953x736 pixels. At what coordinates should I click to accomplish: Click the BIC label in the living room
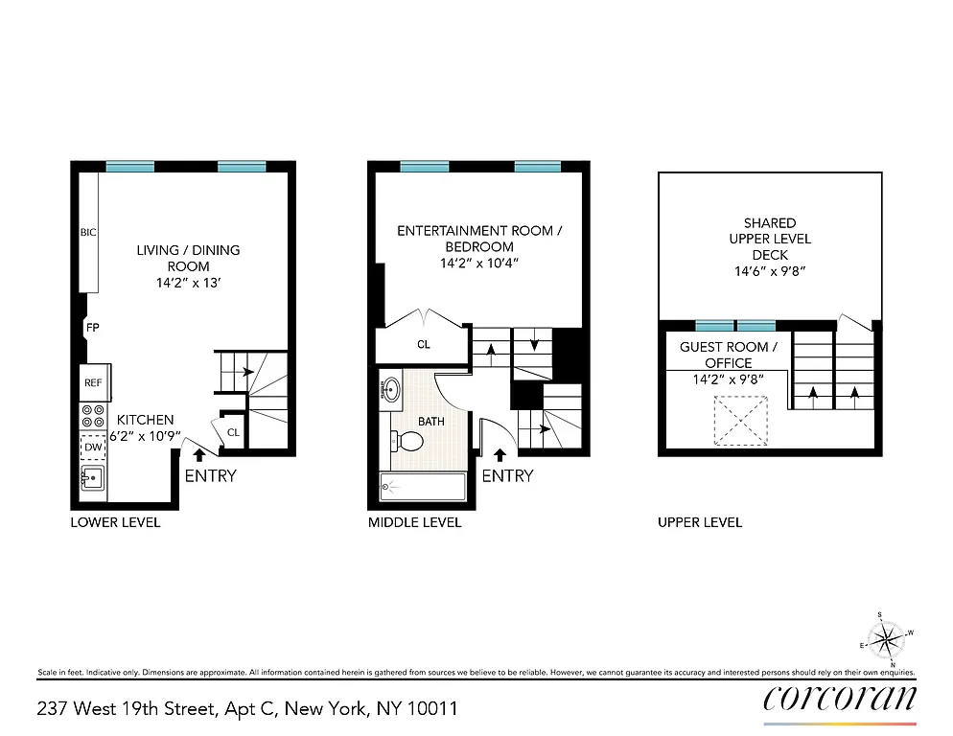point(88,232)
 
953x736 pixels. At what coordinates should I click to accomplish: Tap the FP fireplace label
point(93,328)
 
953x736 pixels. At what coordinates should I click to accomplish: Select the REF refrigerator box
point(93,382)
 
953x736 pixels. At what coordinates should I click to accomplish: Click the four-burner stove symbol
point(93,416)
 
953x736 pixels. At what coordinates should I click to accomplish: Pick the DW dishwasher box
point(93,447)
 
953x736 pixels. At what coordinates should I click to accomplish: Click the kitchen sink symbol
point(92,478)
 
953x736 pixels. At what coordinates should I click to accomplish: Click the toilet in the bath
point(407,442)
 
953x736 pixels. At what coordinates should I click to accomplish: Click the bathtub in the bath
point(422,486)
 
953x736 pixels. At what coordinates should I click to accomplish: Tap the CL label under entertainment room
point(423,345)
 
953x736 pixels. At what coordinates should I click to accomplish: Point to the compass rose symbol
point(886,636)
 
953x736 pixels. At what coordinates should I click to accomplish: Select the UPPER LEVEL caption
point(699,522)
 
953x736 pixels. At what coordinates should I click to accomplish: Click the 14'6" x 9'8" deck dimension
point(770,271)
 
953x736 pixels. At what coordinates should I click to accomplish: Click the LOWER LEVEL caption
point(115,522)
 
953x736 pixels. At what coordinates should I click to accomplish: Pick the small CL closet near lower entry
point(233,432)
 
